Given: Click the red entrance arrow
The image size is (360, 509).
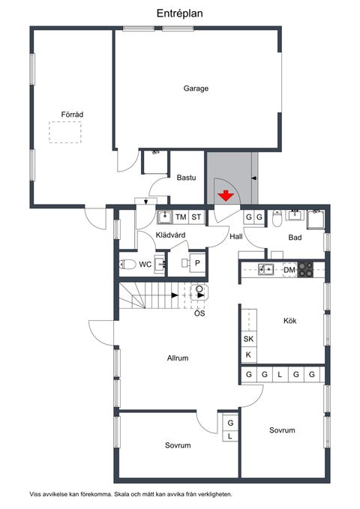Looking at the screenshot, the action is click(x=226, y=196).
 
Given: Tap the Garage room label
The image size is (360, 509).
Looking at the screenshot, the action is click(x=196, y=88).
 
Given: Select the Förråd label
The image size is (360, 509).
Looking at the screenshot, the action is click(x=72, y=114).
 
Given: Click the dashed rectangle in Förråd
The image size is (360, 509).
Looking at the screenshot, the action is click(x=65, y=132).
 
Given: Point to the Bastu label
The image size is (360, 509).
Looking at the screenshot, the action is click(x=186, y=178).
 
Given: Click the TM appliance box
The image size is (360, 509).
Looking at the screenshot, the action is click(x=181, y=217).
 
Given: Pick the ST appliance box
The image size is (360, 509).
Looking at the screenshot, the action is click(x=196, y=217).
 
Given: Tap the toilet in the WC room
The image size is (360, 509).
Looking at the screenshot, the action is click(x=127, y=264).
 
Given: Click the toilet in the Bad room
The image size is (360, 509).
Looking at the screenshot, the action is click(x=277, y=219).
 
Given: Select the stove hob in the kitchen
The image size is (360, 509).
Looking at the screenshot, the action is click(x=306, y=270).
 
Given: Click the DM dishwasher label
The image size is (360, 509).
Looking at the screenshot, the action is click(x=289, y=270).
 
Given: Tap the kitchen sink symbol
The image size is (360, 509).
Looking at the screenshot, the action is click(x=265, y=269).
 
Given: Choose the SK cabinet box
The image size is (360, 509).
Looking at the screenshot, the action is click(x=248, y=339).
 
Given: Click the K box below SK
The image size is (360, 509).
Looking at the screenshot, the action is click(x=248, y=355).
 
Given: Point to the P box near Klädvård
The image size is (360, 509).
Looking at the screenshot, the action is click(x=197, y=263).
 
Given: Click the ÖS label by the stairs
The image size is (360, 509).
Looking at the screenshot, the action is click(x=199, y=313).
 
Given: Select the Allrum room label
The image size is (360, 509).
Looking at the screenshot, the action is click(x=178, y=358).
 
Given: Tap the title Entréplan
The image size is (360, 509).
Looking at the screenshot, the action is click(x=180, y=13).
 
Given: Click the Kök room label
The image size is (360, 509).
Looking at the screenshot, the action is click(x=289, y=321).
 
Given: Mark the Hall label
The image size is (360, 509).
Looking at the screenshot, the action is click(x=236, y=237).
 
